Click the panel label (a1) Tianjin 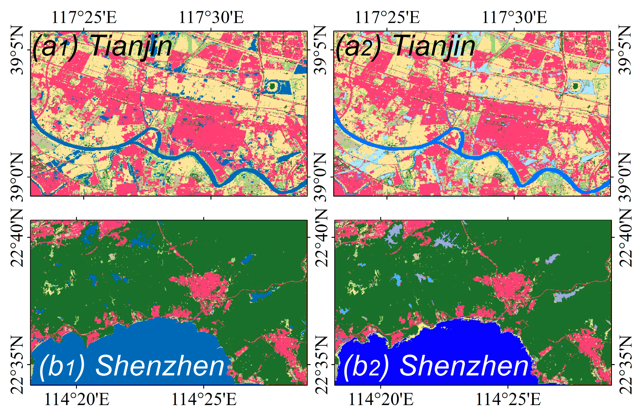(102, 46)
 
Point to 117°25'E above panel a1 (84, 18)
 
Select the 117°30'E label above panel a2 (514, 18)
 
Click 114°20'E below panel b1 (77, 400)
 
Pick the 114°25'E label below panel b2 (508, 400)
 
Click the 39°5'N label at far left (17, 50)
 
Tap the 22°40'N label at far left (17, 238)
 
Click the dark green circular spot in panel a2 (575, 86)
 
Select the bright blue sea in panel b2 (457, 341)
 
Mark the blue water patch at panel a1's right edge (301, 69)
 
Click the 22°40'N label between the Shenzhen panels (321, 238)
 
